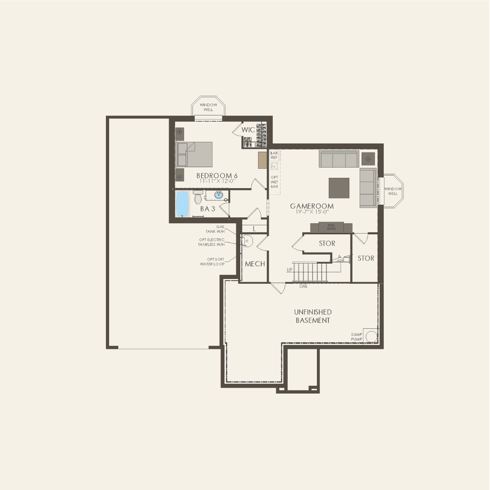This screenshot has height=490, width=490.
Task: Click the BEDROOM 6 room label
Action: tap(217, 175)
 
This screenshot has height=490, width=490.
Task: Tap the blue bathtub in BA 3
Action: tap(182, 204)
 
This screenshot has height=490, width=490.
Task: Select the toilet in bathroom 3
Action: tap(198, 197)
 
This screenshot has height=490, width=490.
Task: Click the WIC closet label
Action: tap(248, 130)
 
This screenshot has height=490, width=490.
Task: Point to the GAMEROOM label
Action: tap(312, 206)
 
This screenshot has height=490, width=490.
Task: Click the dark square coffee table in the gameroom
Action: tap(339, 188)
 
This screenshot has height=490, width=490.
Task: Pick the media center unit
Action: tap(331, 227)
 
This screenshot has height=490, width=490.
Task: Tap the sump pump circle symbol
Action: tap(371, 337)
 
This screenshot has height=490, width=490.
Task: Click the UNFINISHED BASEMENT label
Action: tap(313, 316)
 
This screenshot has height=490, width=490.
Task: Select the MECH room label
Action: tap(255, 264)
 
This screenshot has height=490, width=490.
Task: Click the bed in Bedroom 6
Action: tap(195, 155)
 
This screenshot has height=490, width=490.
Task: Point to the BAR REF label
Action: tap(274, 155)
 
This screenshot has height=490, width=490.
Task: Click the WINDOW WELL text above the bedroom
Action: tap(208, 107)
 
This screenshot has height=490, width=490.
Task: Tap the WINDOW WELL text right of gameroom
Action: tap(393, 191)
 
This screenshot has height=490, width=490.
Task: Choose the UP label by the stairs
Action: tap(290, 270)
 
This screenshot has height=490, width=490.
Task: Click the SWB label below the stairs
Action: tap(303, 286)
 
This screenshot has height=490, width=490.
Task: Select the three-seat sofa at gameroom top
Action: tap(339, 159)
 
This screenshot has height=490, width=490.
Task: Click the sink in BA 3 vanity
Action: tap(219, 194)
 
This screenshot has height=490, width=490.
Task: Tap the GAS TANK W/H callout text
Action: tap(215, 229)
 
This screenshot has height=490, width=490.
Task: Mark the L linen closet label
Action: tap(254, 229)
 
